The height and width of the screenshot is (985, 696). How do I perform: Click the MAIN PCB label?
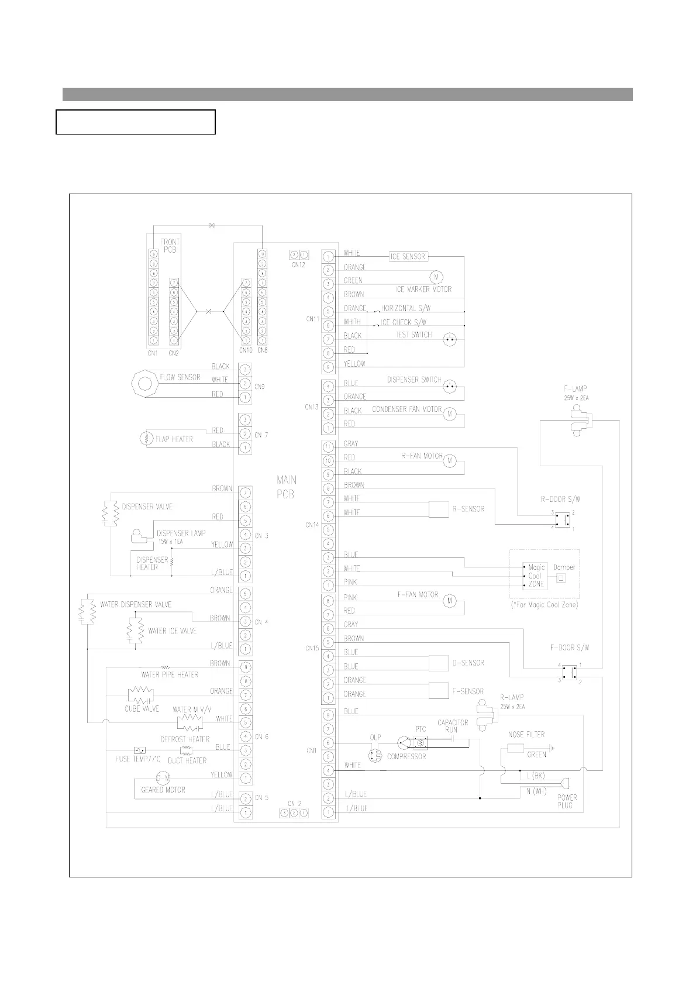point(286,487)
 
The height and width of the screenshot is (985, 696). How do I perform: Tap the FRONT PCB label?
point(170,245)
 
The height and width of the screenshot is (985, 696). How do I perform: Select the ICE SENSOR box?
point(408,256)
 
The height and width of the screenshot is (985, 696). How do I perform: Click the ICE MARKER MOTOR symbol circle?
point(436,276)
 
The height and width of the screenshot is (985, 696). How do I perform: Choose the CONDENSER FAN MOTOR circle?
point(450,414)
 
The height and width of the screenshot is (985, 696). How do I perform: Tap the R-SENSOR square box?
point(439,509)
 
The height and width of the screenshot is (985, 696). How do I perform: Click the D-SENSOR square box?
point(439,663)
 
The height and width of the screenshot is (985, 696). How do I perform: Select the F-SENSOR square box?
point(439,690)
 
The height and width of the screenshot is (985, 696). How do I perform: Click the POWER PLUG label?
point(567,801)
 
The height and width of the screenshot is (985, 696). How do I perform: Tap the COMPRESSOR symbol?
point(404,743)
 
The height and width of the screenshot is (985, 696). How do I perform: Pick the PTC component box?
point(421,742)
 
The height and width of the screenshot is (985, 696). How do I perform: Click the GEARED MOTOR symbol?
point(163,779)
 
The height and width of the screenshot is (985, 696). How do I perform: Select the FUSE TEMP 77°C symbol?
point(140,750)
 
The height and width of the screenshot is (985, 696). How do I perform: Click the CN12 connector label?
point(298,265)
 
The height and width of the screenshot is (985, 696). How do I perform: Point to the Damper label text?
point(564,567)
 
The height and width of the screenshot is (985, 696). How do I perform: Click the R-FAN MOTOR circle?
point(450,461)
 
